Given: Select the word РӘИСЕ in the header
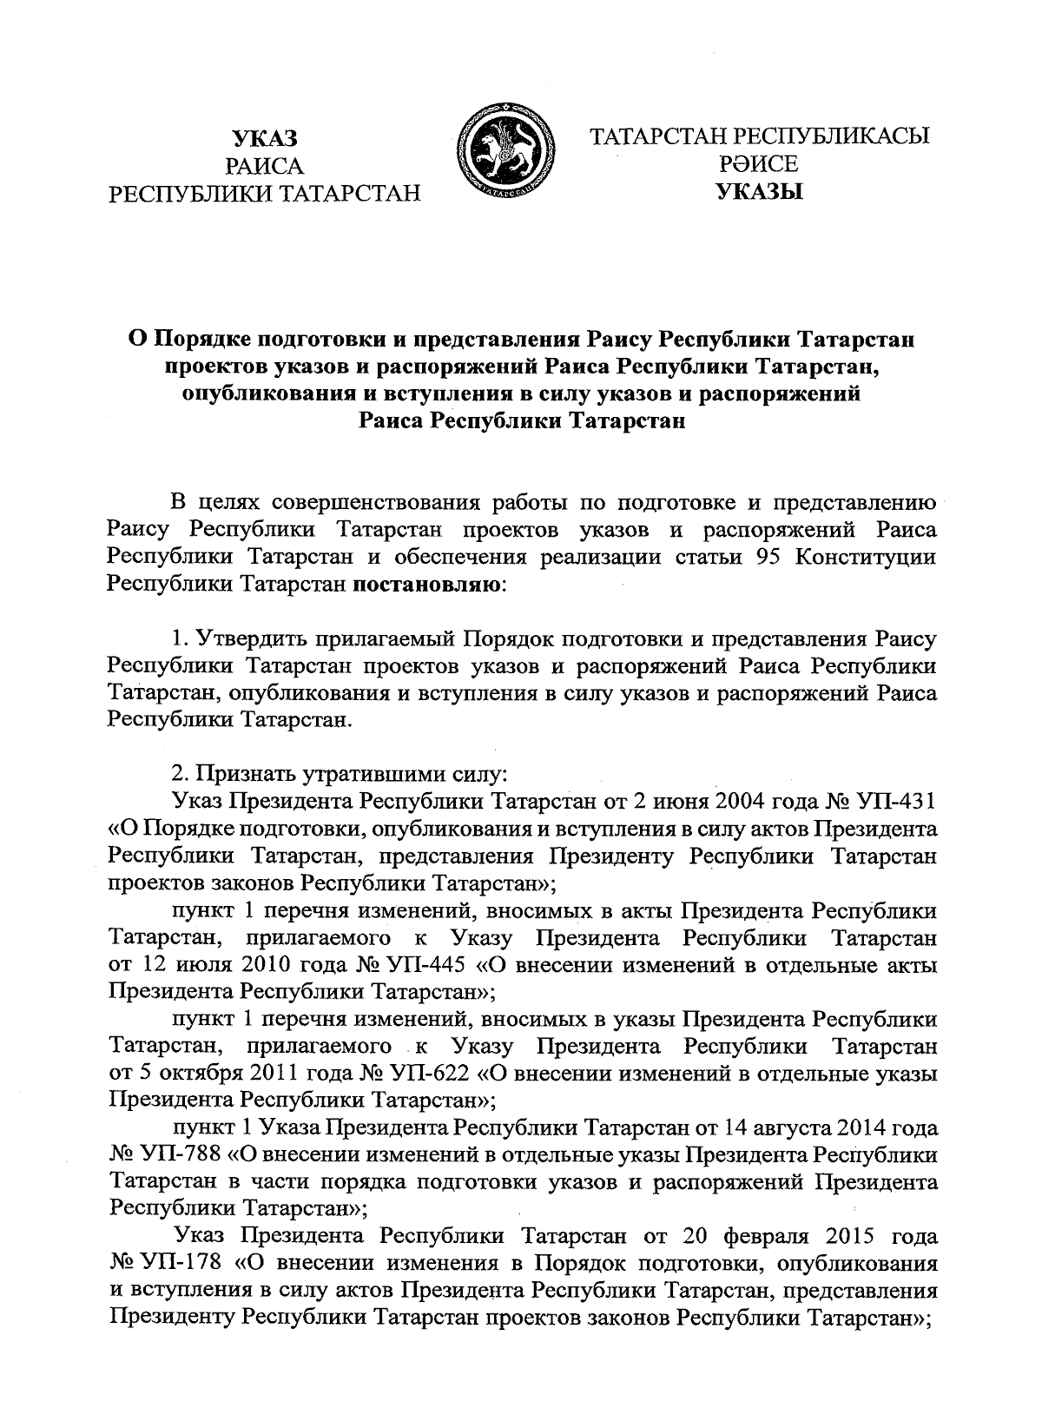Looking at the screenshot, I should point(758,164).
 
